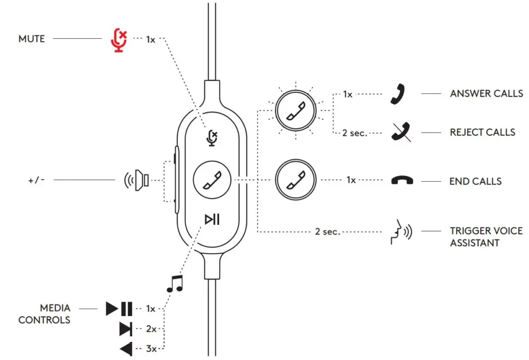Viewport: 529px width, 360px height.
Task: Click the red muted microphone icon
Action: coord(119,40)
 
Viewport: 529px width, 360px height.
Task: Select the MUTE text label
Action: coord(32,39)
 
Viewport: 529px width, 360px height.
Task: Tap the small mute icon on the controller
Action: coord(212,138)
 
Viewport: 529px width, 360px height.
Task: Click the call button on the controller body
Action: coord(212,180)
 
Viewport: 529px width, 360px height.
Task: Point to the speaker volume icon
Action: coord(136,180)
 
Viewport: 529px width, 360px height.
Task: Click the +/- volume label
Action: coord(37,180)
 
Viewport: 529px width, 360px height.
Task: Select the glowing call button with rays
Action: coord(295,111)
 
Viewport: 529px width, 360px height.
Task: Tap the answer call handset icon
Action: coord(398,94)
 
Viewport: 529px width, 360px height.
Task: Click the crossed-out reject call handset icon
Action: coord(401,132)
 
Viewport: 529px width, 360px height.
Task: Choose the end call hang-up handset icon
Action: coord(402,180)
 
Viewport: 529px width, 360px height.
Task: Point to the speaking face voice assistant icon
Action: coord(401,232)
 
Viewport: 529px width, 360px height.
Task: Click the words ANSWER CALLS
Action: coord(486,93)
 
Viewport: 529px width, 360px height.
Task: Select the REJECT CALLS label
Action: coord(483,132)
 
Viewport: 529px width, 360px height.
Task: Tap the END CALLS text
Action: coord(475,181)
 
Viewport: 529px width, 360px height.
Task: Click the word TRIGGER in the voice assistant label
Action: coord(471,231)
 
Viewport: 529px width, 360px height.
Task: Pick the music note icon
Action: coord(175,284)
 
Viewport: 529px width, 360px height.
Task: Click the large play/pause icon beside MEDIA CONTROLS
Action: coord(119,309)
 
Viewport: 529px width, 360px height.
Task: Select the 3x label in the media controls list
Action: coord(151,349)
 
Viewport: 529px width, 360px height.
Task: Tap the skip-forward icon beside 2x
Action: coord(126,329)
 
